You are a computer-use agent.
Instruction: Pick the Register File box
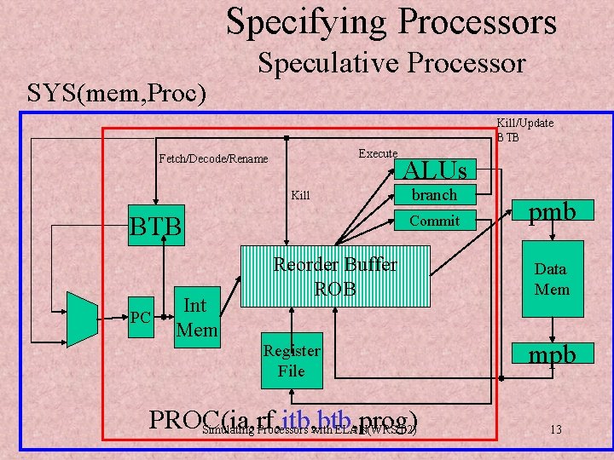click(291, 360)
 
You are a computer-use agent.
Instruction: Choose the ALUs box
click(434, 170)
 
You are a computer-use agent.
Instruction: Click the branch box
click(434, 195)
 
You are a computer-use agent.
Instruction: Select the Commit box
click(434, 221)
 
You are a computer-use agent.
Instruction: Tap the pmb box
click(549, 210)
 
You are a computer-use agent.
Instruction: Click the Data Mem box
click(550, 279)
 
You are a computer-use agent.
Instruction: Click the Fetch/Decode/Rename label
click(213, 158)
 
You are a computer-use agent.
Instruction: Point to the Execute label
click(378, 153)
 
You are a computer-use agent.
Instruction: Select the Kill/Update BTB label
click(524, 129)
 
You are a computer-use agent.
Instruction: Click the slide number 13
click(555, 429)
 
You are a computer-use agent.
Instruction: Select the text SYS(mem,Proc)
click(117, 92)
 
